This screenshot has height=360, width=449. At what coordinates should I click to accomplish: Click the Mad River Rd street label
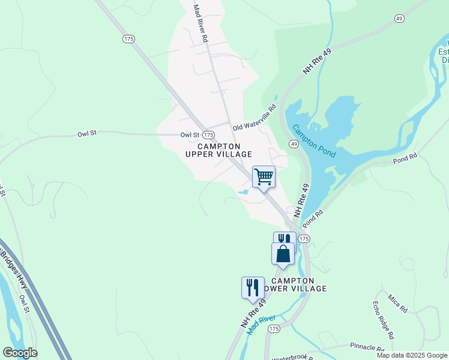200,23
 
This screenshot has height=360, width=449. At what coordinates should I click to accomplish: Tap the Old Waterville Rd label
255,118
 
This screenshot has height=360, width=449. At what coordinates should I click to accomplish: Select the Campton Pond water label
314,141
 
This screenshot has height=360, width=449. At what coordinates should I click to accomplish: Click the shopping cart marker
264,177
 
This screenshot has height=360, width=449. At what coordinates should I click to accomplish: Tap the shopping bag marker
283,253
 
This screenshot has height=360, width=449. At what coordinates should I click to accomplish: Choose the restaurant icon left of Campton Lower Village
253,287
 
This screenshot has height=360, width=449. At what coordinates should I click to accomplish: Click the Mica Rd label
397,304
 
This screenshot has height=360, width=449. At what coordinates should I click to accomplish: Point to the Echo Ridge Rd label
384,320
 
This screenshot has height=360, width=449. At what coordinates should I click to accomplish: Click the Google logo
20,353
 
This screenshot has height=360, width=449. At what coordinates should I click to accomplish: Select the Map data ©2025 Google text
412,355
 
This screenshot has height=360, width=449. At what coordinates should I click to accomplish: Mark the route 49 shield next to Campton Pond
294,145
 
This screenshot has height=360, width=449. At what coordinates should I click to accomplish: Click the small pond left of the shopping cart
244,192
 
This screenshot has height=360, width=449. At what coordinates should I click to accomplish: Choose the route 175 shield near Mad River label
274,329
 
